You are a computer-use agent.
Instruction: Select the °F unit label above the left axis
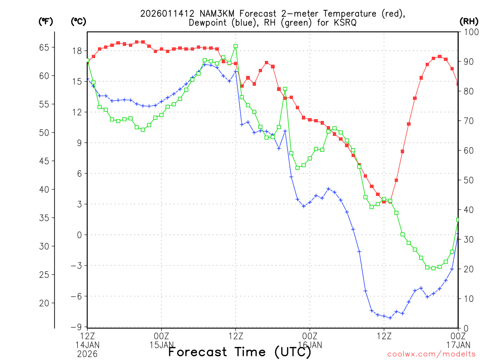pos(45,21)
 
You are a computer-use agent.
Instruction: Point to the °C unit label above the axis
pos(78,21)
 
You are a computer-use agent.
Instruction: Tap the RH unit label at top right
pos(468,21)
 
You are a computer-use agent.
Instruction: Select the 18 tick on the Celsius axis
pos(78,51)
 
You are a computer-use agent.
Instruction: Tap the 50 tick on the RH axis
pos(466,180)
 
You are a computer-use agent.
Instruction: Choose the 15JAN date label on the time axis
pos(161,345)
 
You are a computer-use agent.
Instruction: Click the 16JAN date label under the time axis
pos(309,345)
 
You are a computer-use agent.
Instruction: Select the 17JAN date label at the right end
pos(457,345)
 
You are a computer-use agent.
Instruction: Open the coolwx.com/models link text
pos(431,354)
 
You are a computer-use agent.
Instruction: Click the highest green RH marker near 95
pos(235,46)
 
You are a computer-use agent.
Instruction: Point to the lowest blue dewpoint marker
pos(390,318)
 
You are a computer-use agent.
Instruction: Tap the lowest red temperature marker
pos(384,202)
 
